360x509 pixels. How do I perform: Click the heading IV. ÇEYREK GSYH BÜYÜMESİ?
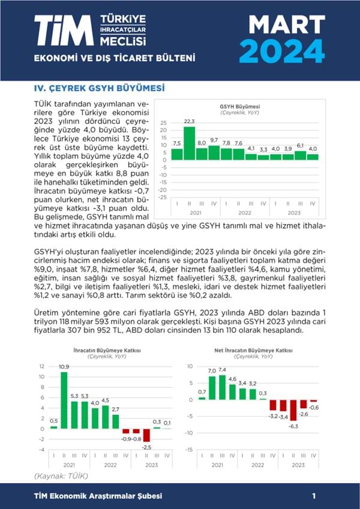point(99,88)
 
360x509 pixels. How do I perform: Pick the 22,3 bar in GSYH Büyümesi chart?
point(190,143)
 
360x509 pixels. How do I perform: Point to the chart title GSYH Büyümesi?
point(238,107)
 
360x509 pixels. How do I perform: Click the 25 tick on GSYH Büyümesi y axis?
point(163,122)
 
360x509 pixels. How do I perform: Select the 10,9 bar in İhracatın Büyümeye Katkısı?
point(64,400)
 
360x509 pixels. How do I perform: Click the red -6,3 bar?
point(294,410)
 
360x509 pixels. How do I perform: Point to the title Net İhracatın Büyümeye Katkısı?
point(253,350)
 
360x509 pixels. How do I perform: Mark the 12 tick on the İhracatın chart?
point(41,366)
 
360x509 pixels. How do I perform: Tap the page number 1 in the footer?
point(314,496)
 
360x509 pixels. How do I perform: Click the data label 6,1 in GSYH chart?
point(300,146)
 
